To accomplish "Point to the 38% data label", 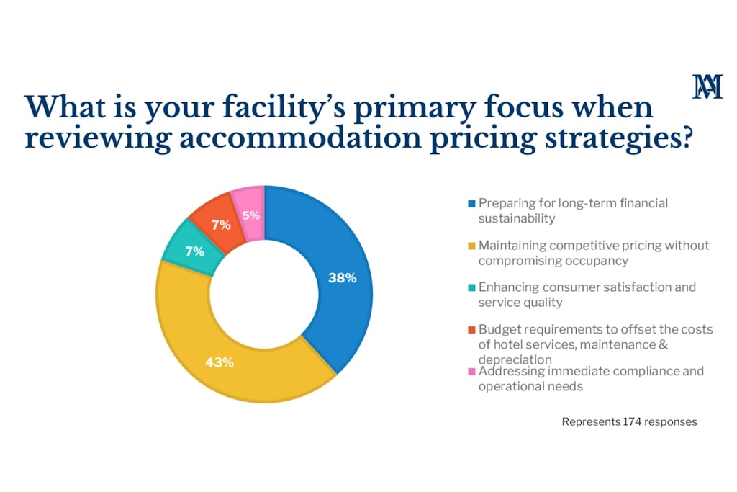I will tap(343, 277).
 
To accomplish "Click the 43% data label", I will tap(220, 362).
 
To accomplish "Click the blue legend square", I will tap(471, 204).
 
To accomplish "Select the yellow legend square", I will tap(471, 246).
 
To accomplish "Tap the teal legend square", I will tap(471, 287).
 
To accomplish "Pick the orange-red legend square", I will tap(471, 330).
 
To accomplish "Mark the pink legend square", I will tap(471, 372).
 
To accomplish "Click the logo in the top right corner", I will tap(707, 86).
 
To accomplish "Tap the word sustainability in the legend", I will tap(517, 218).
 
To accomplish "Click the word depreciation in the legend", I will tap(515, 359).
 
